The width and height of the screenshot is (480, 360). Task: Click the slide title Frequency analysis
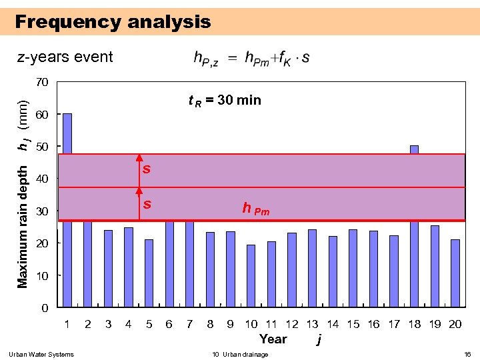(113, 22)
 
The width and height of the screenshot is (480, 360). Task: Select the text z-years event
(65, 57)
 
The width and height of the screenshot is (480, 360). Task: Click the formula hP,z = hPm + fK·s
(251, 58)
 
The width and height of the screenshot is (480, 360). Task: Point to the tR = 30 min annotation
(225, 101)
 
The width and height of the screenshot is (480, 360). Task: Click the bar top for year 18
(414, 149)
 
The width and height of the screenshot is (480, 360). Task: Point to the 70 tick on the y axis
(41, 83)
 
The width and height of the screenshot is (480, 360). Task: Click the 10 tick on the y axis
(41, 275)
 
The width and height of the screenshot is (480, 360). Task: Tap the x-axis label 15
(353, 324)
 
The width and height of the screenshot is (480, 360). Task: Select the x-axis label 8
(210, 324)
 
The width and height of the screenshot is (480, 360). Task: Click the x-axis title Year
(273, 339)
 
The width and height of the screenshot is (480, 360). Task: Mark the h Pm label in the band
(255, 209)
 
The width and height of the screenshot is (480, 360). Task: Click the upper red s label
(146, 169)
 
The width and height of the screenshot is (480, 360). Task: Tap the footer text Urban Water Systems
(41, 354)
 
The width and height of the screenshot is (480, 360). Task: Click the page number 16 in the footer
(467, 354)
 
